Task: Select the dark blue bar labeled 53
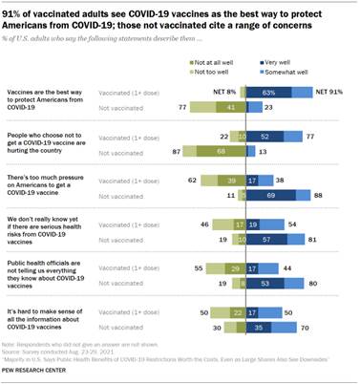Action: [x=268, y=284]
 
